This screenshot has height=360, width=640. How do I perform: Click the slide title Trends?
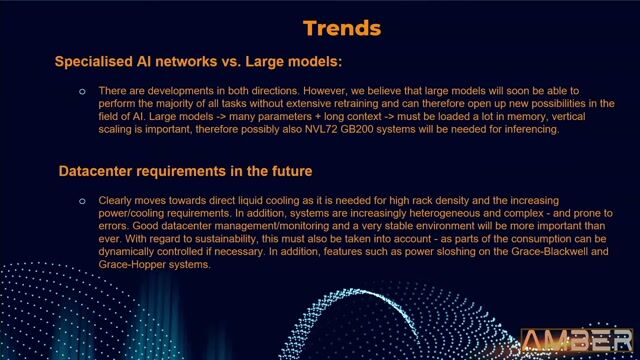tap(341, 27)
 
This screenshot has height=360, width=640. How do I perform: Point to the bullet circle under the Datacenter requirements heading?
tap(82, 201)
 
